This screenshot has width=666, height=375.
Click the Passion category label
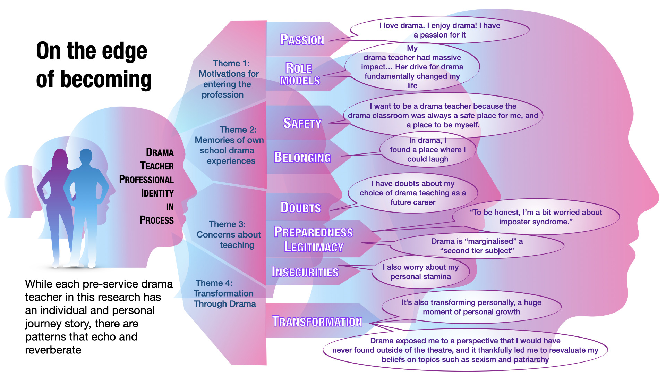pyautogui.click(x=302, y=40)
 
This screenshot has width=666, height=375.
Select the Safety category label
pyautogui.click(x=302, y=123)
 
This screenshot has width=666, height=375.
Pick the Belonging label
pyautogui.click(x=302, y=157)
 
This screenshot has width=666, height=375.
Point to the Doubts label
pyautogui.click(x=300, y=208)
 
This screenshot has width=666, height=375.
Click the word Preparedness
pyautogui.click(x=314, y=232)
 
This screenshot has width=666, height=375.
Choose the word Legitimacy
pyautogui.click(x=314, y=247)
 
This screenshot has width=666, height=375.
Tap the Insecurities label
pyautogui.click(x=305, y=272)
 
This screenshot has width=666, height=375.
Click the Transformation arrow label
pyautogui.click(x=317, y=322)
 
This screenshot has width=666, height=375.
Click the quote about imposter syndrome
pyautogui.click(x=536, y=217)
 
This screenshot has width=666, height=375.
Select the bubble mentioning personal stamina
pyautogui.click(x=420, y=272)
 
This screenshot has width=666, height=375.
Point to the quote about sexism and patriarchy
pyautogui.click(x=465, y=350)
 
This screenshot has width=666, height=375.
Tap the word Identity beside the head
pyautogui.click(x=157, y=193)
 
